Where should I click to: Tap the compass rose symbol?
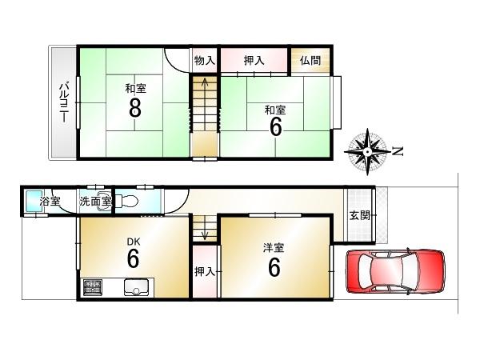coord(367,151)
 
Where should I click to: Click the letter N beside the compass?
coord(398,150)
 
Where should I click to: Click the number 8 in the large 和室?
coord(134,108)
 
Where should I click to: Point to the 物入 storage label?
coord(204,61)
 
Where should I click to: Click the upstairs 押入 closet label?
coord(254,61)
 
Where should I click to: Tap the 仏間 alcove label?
coord(310,61)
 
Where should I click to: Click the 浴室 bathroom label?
coord(50,202)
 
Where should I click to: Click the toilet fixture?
coord(130,201)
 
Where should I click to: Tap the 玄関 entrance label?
coord(358,216)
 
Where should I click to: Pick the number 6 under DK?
coord(134,258)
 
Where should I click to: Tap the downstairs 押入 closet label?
coord(204,272)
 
